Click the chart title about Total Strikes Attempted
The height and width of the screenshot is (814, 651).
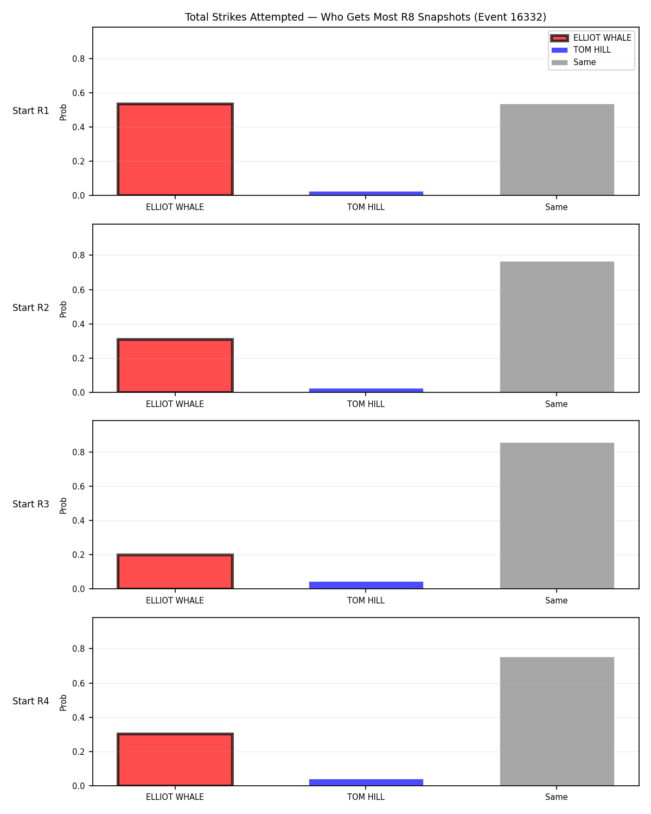point(365,17)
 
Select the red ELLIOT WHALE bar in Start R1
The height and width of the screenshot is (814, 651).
point(175,149)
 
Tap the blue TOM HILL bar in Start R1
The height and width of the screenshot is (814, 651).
point(366,193)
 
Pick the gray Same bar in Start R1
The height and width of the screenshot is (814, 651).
point(557,149)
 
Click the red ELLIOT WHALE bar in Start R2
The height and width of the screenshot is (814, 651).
point(175,365)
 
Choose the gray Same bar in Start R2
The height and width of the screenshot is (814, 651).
point(557,327)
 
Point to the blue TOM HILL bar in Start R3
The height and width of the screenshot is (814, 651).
point(366,585)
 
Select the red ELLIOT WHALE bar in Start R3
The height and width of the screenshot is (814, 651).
point(175,571)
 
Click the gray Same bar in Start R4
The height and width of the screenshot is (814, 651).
point(557,721)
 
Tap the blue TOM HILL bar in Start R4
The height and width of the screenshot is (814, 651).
point(366,782)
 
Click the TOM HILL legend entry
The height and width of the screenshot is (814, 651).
point(580,50)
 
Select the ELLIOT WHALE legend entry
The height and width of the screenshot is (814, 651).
point(591,38)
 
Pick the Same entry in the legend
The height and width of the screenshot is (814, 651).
point(573,62)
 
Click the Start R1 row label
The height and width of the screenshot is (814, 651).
point(30,111)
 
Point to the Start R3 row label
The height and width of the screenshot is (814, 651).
point(30,504)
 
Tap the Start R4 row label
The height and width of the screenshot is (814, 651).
point(30,701)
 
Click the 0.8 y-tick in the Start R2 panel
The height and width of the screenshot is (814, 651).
point(78,255)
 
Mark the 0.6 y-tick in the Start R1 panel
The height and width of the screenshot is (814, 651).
point(78,93)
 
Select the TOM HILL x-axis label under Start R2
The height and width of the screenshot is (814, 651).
point(366,404)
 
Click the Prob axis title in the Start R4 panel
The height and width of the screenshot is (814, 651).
point(63,702)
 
